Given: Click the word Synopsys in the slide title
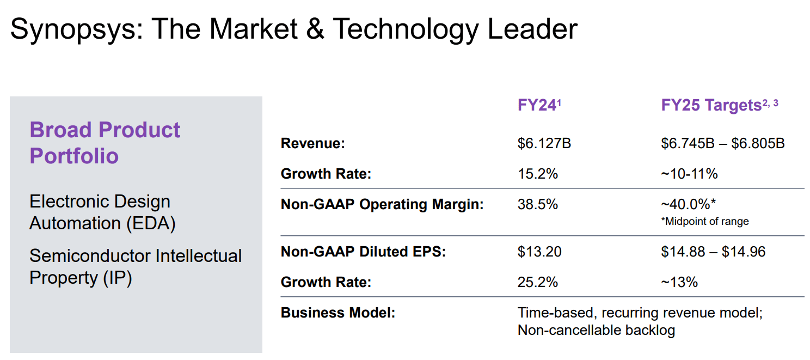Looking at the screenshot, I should pos(75,29).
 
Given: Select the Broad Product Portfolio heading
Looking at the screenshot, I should pos(105,143).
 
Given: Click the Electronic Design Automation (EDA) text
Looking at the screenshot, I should pos(102,212).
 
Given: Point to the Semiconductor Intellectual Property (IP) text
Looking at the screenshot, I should pos(136,266).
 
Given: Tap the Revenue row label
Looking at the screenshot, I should pos(313,144).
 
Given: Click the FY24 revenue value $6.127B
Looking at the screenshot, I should pos(544,144).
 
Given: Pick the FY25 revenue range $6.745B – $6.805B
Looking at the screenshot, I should pos(723,144).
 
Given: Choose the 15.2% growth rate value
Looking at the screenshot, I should pos(538,174).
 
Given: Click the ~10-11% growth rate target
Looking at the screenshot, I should pos(689,174).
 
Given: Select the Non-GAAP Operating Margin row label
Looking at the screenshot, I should pos(382,204).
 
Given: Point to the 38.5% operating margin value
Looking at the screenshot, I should pos(538,204).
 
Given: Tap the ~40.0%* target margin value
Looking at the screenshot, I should pos(688,204).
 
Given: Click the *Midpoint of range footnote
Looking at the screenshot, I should pos(705,221).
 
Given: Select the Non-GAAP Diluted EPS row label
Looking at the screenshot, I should pos(363,252).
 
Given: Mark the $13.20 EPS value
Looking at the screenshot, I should pos(539,252).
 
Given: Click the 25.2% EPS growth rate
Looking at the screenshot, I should pos(538,282).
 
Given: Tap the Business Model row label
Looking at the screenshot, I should pos(337,313).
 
